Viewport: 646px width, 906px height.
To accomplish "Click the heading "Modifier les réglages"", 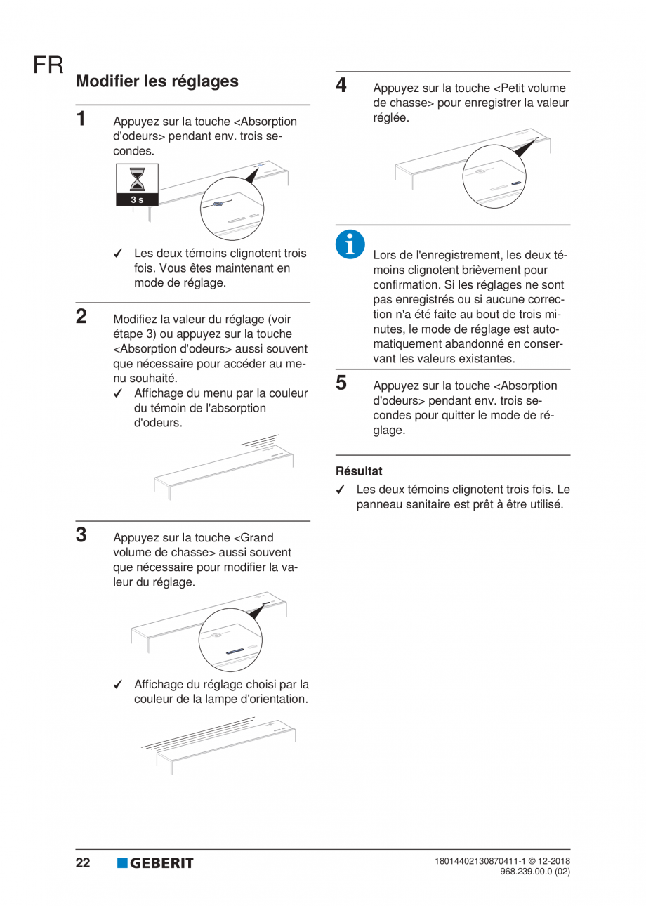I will pos(157,81).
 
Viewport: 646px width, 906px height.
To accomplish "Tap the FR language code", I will pos(48,66).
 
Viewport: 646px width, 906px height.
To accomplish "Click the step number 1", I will pos(82,118).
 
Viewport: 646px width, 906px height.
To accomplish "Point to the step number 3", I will pos(81,534).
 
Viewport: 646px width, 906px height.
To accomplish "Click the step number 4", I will pos(341,86).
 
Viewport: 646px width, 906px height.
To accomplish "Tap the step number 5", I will pos(341,383).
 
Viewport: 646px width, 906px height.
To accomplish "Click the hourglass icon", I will pos(138,179).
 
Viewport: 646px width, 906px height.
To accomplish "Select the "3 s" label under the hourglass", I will pos(138,199).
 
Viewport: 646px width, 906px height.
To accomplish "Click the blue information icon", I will pos(350,244).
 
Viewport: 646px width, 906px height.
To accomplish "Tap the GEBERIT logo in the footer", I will pos(155,863).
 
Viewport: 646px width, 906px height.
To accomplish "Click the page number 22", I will pos(83,863).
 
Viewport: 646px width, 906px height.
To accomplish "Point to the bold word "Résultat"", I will pos(359,471).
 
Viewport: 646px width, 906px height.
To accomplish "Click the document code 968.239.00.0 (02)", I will pos(535,871).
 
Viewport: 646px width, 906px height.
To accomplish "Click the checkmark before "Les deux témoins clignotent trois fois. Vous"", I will pos(119,254).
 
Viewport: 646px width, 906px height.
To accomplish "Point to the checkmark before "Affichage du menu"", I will pos(119,394).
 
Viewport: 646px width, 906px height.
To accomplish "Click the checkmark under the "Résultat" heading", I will pos(341,490).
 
